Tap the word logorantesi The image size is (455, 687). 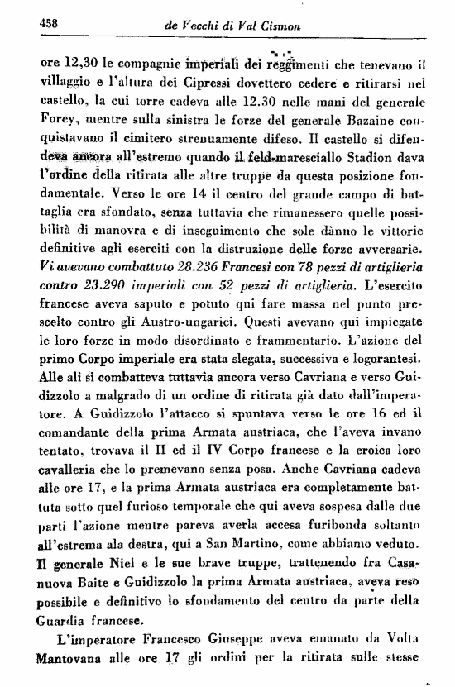click(390, 365)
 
